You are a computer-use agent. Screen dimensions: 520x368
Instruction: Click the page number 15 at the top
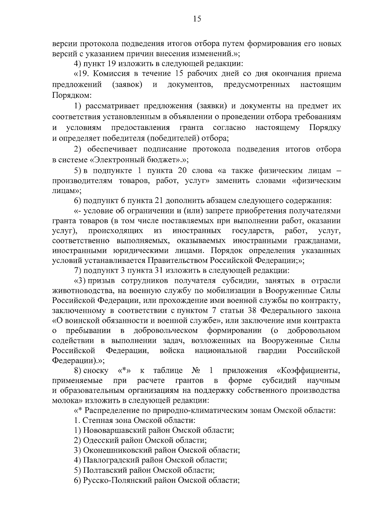[x=197, y=19]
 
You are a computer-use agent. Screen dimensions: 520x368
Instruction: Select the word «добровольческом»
[x=166, y=331]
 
